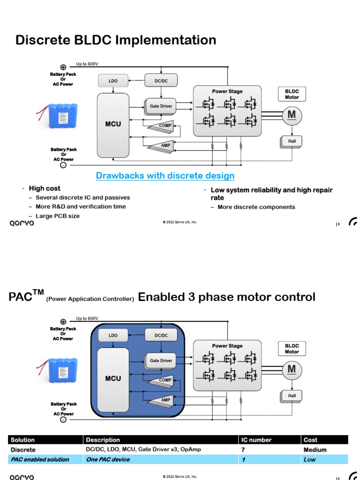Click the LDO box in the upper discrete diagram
coord(113,81)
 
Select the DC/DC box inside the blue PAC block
coord(161,335)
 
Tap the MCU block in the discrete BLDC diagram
coord(113,125)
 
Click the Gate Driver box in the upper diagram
coord(161,106)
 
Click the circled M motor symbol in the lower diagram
coord(292,370)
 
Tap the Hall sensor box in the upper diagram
coord(292,142)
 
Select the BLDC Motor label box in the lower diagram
coord(292,349)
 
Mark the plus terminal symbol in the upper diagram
coord(63,67)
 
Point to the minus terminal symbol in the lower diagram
coord(63,420)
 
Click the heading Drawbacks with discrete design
coord(165,176)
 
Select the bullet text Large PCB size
coord(58,216)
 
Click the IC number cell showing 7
coord(243,450)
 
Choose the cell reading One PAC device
coord(108,459)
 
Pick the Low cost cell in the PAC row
coord(309,459)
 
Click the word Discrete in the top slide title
coord(43,40)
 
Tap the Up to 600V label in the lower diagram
coord(87,318)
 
